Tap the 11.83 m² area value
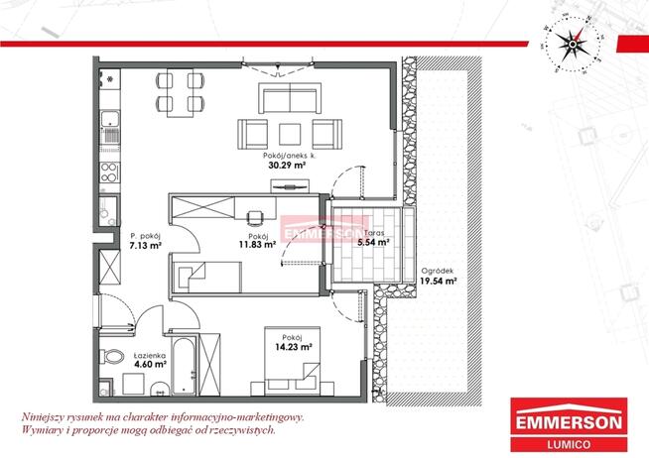click(257, 244)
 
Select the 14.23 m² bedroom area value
click(294, 347)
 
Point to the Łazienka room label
click(150, 356)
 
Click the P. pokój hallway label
click(145, 236)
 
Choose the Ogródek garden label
click(438, 272)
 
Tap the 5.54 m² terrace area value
click(373, 243)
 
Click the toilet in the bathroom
click(112, 356)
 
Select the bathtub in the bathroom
click(184, 366)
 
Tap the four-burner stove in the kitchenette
click(110, 172)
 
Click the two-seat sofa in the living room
click(290, 98)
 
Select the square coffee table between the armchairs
click(290, 135)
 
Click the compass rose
click(572, 45)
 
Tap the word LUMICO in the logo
click(569, 445)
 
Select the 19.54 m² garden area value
click(439, 282)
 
